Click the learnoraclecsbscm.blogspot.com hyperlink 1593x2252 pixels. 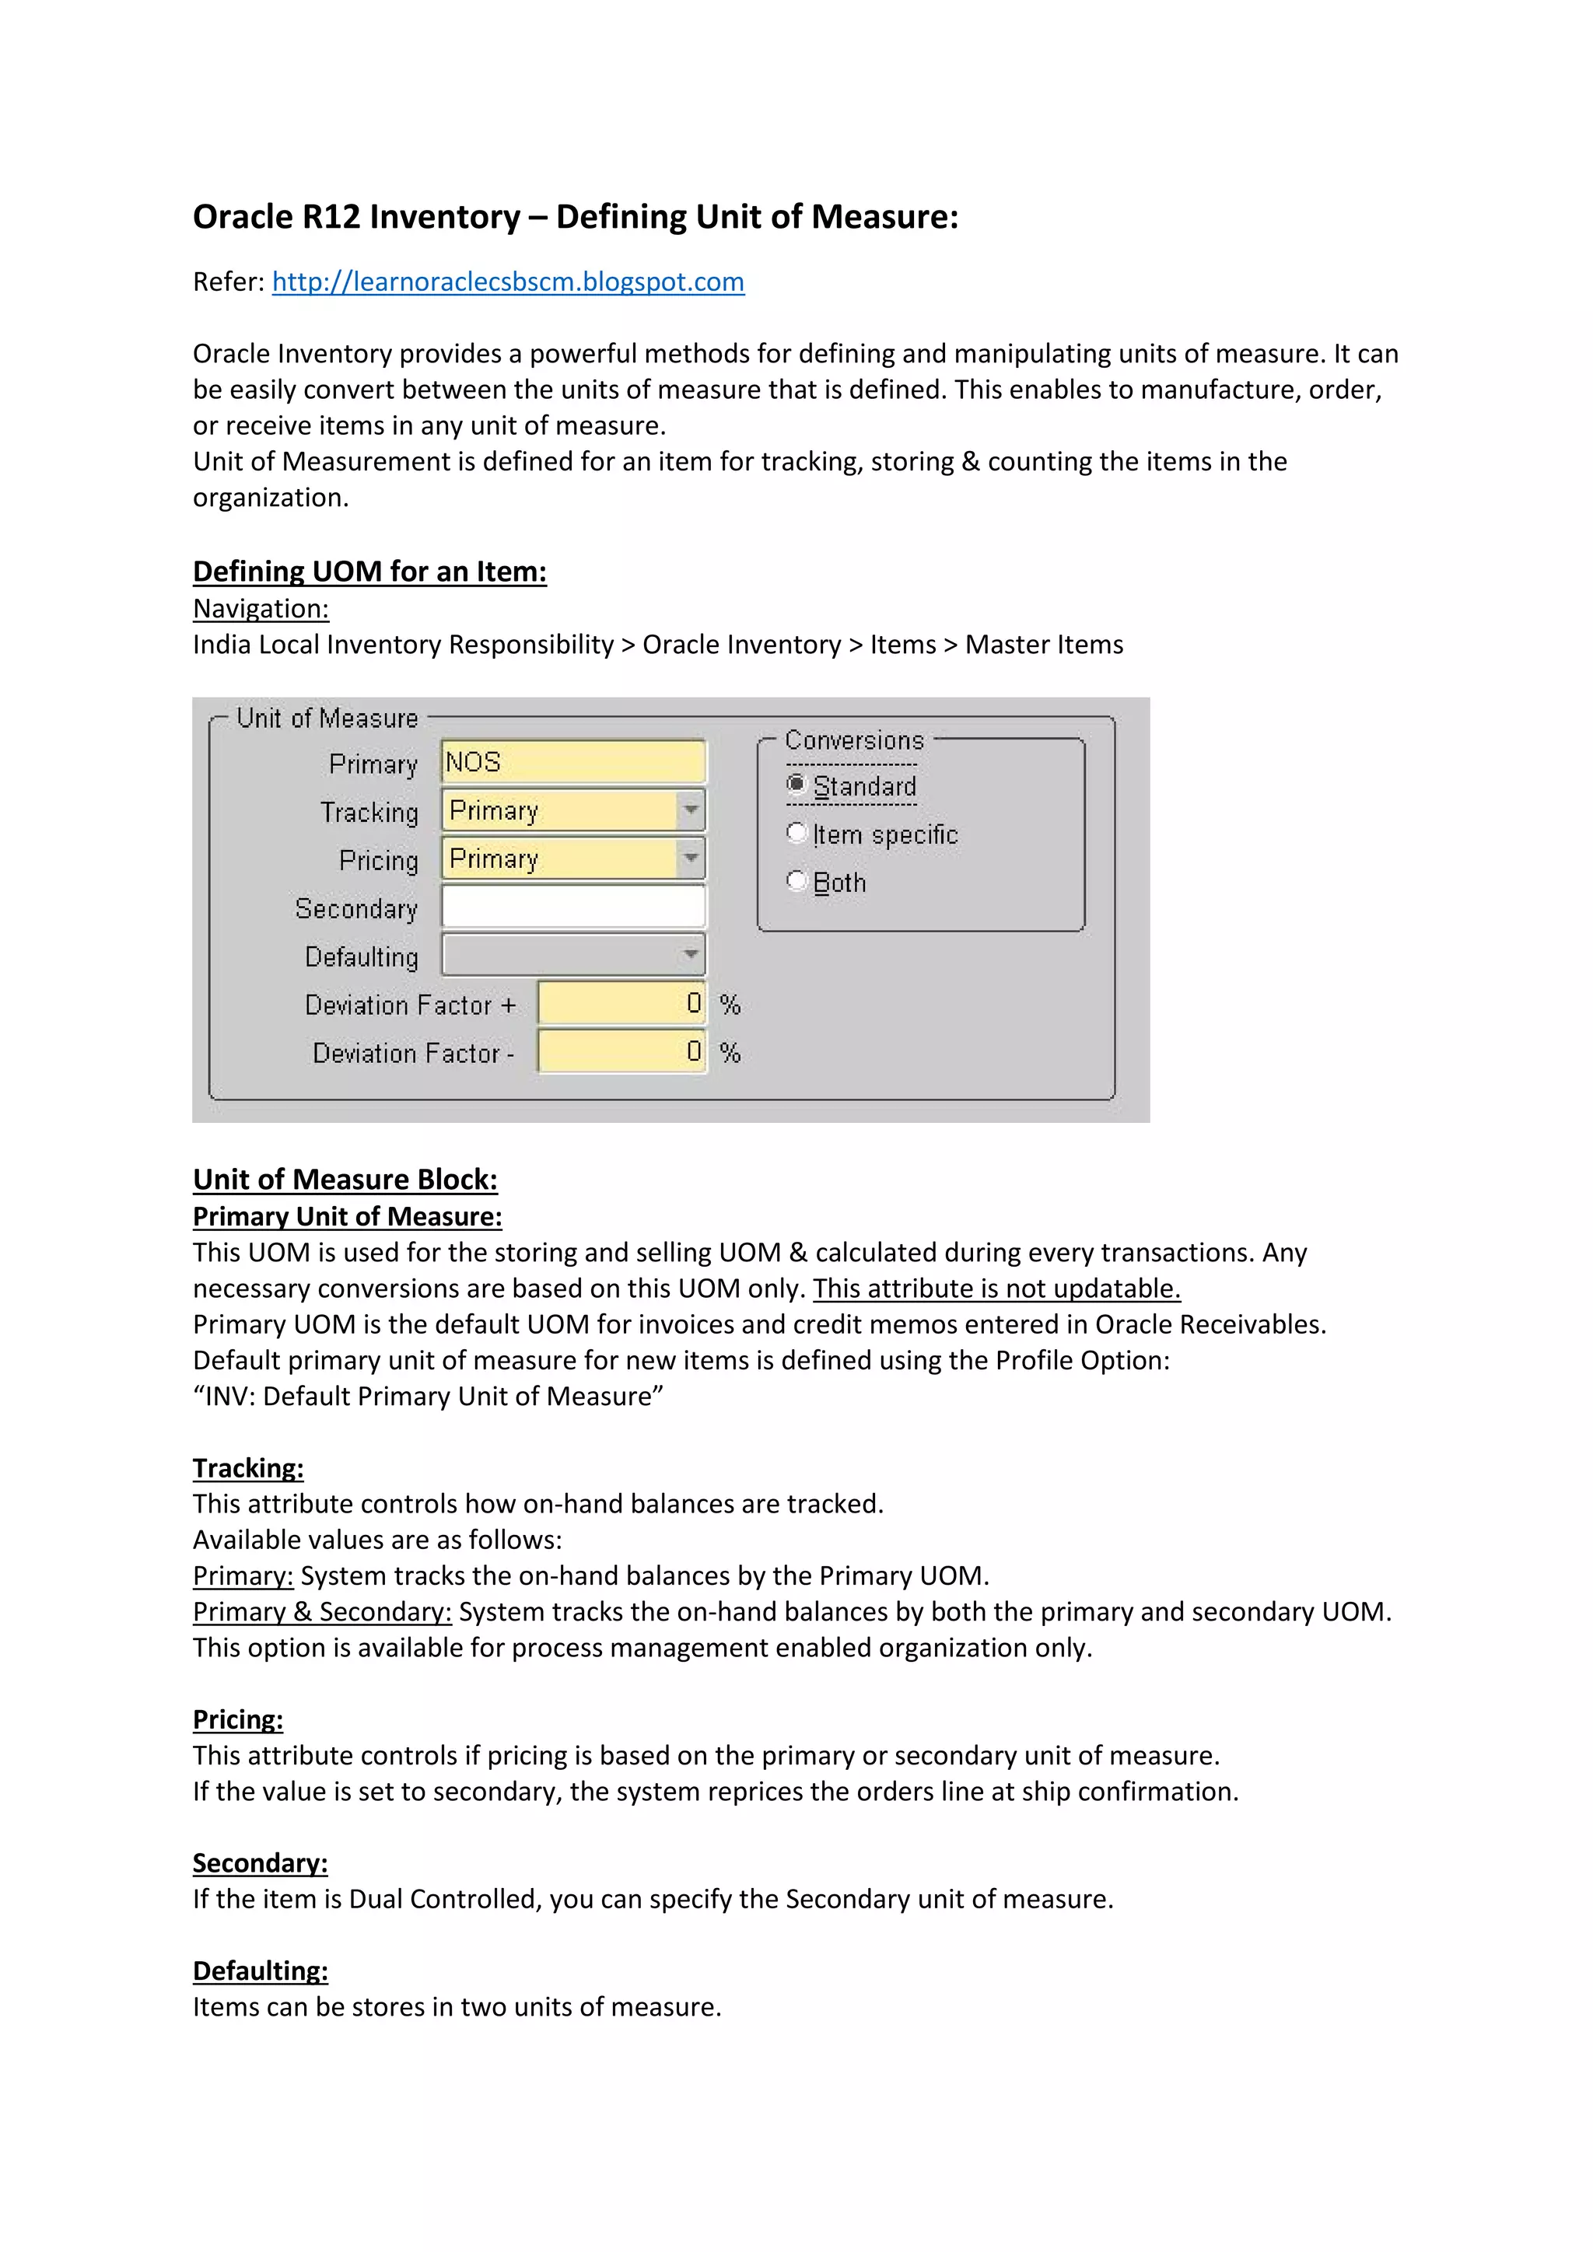pyautogui.click(x=508, y=282)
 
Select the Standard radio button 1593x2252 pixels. pyautogui.click(x=796, y=785)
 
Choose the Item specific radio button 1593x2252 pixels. pyautogui.click(x=796, y=833)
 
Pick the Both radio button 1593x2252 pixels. pyautogui.click(x=796, y=881)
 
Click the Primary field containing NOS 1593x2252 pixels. pyautogui.click(x=572, y=762)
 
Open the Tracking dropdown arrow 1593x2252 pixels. pyautogui.click(x=691, y=810)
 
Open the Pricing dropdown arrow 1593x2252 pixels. pyautogui.click(x=691, y=858)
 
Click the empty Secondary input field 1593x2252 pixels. pyautogui.click(x=572, y=906)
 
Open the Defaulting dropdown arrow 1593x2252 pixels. pyautogui.click(x=691, y=954)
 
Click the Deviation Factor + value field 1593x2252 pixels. pyautogui.click(x=621, y=1003)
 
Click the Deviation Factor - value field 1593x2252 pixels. pyautogui.click(x=621, y=1051)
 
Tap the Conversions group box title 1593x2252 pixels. pyautogui.click(x=854, y=740)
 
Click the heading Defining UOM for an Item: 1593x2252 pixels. pyautogui.click(x=369, y=572)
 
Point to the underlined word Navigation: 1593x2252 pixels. pyautogui.click(x=261, y=609)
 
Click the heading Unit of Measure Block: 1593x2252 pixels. pyautogui.click(x=345, y=1180)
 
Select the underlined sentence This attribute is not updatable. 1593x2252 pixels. pyautogui.click(x=996, y=1289)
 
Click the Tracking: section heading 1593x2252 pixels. pyautogui.click(x=248, y=1468)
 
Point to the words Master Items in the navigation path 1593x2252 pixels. pyautogui.click(x=1044, y=645)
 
